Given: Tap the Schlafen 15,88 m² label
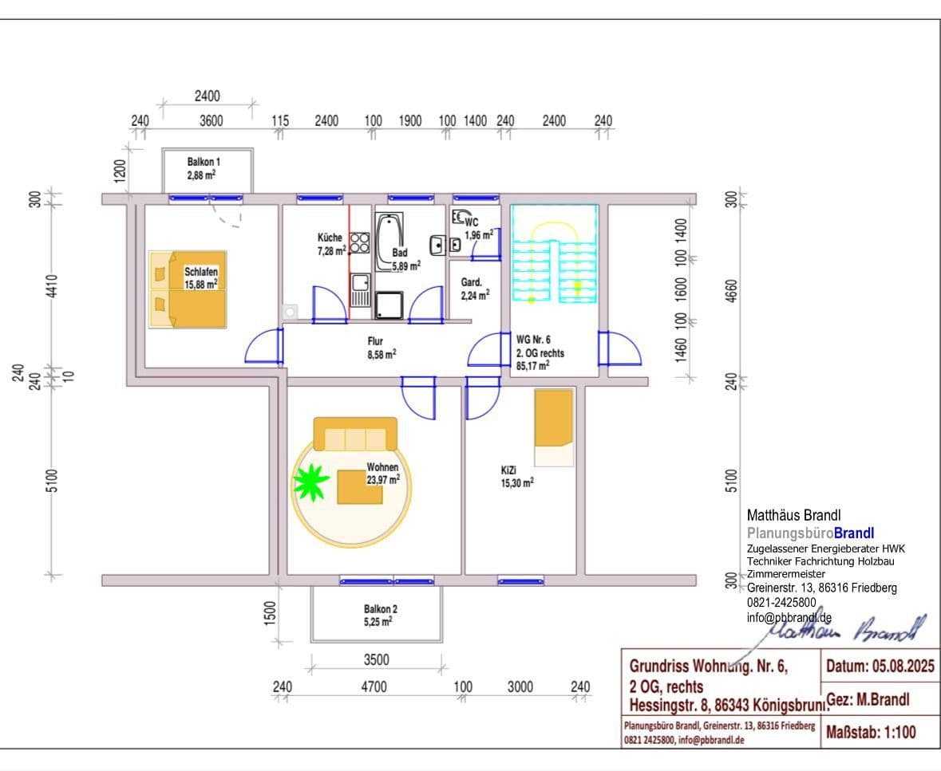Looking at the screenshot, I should (201, 277).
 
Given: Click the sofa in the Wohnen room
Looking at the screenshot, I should (355, 435).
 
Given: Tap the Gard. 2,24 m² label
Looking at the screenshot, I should (475, 289).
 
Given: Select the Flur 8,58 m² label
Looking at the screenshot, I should (381, 348).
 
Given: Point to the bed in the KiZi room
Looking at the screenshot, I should (554, 427).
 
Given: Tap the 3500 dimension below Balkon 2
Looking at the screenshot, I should (376, 659).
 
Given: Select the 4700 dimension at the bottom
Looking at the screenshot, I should (373, 687).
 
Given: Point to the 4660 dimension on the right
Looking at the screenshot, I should (733, 290).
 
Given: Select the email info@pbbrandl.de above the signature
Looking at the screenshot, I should (789, 617).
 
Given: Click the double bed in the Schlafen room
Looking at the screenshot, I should (188, 289).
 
